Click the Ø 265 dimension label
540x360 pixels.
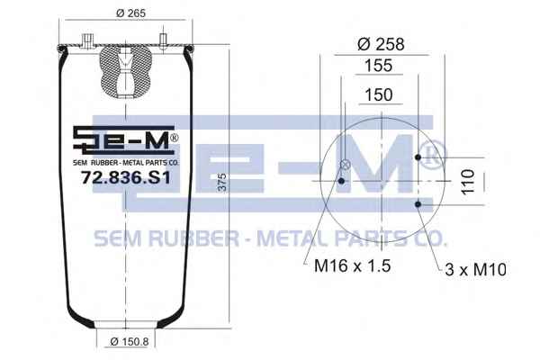point(130,13)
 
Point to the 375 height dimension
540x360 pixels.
point(223,182)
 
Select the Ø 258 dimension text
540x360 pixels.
point(381,44)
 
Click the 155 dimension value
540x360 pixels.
point(379,66)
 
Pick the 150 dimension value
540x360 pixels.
point(379,94)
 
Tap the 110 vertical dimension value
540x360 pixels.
point(468,182)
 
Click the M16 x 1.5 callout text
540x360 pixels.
point(352,266)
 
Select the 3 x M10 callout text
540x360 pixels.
point(475,269)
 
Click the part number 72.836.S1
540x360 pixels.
point(126,178)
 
